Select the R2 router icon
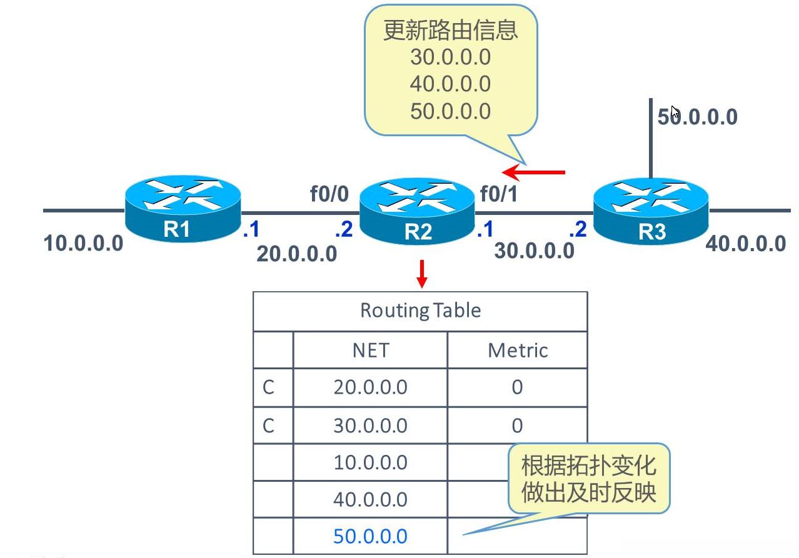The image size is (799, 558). pyautogui.click(x=417, y=211)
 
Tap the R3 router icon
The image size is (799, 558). pyautogui.click(x=651, y=211)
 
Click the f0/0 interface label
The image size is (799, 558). pyautogui.click(x=329, y=194)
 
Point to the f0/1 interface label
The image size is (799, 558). pyautogui.click(x=498, y=194)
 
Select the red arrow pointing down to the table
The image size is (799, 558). pyautogui.click(x=422, y=273)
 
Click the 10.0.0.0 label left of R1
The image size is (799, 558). pyautogui.click(x=84, y=242)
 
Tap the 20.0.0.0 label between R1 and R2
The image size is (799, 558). pyautogui.click(x=297, y=254)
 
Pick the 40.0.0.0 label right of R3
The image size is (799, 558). pyautogui.click(x=745, y=243)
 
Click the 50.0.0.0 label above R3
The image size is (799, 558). pyautogui.click(x=697, y=117)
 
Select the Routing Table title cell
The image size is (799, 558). pyautogui.click(x=420, y=311)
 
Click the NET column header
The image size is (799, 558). pyautogui.click(x=371, y=350)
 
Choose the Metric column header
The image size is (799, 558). pyautogui.click(x=518, y=350)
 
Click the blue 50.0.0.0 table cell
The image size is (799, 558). pyautogui.click(x=371, y=536)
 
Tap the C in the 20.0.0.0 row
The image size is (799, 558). pyautogui.click(x=269, y=387)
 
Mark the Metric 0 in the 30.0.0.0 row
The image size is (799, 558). pyautogui.click(x=517, y=426)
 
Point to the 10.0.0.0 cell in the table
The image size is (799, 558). pyautogui.click(x=371, y=462)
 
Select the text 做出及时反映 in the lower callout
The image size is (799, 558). pyautogui.click(x=588, y=493)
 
